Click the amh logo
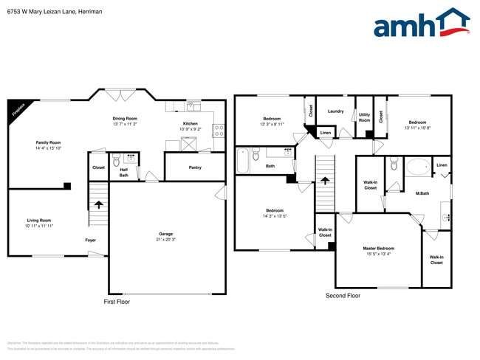[x=421, y=24]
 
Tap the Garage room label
[x=165, y=234]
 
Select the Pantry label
[x=195, y=167]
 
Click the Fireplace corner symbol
[x=18, y=109]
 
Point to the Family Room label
[x=48, y=142]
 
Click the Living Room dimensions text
[x=39, y=226]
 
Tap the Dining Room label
[x=124, y=119]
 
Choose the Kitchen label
[x=191, y=123]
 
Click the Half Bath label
[x=123, y=172]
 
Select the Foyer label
[x=90, y=240]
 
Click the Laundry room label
[x=335, y=111]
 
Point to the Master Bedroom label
[x=378, y=248]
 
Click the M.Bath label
[x=422, y=193]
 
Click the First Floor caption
[x=116, y=302]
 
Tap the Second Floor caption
[x=343, y=296]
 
